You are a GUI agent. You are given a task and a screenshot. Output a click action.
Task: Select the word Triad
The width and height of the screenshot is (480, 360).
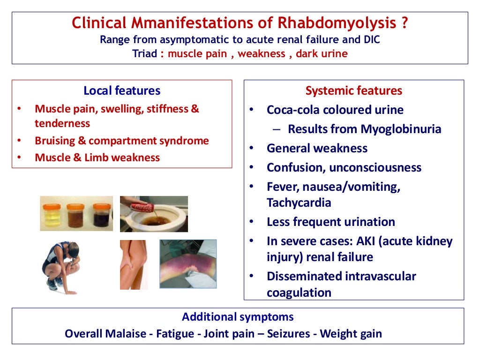(x=145, y=53)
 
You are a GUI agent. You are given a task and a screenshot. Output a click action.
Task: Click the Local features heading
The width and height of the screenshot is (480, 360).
(x=122, y=90)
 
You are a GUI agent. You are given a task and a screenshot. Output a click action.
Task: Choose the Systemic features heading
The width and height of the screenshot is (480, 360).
(x=354, y=90)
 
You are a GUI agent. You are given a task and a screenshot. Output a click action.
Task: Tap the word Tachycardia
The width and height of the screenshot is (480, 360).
(x=299, y=202)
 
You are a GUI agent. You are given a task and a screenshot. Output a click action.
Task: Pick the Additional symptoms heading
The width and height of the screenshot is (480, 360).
(x=238, y=317)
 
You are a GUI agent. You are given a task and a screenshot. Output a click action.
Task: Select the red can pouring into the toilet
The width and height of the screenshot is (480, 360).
(x=136, y=206)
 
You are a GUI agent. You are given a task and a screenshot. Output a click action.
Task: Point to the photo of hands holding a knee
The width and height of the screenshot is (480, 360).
(x=134, y=264)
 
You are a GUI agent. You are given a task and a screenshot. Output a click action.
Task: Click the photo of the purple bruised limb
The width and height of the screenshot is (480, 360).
(x=188, y=264)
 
